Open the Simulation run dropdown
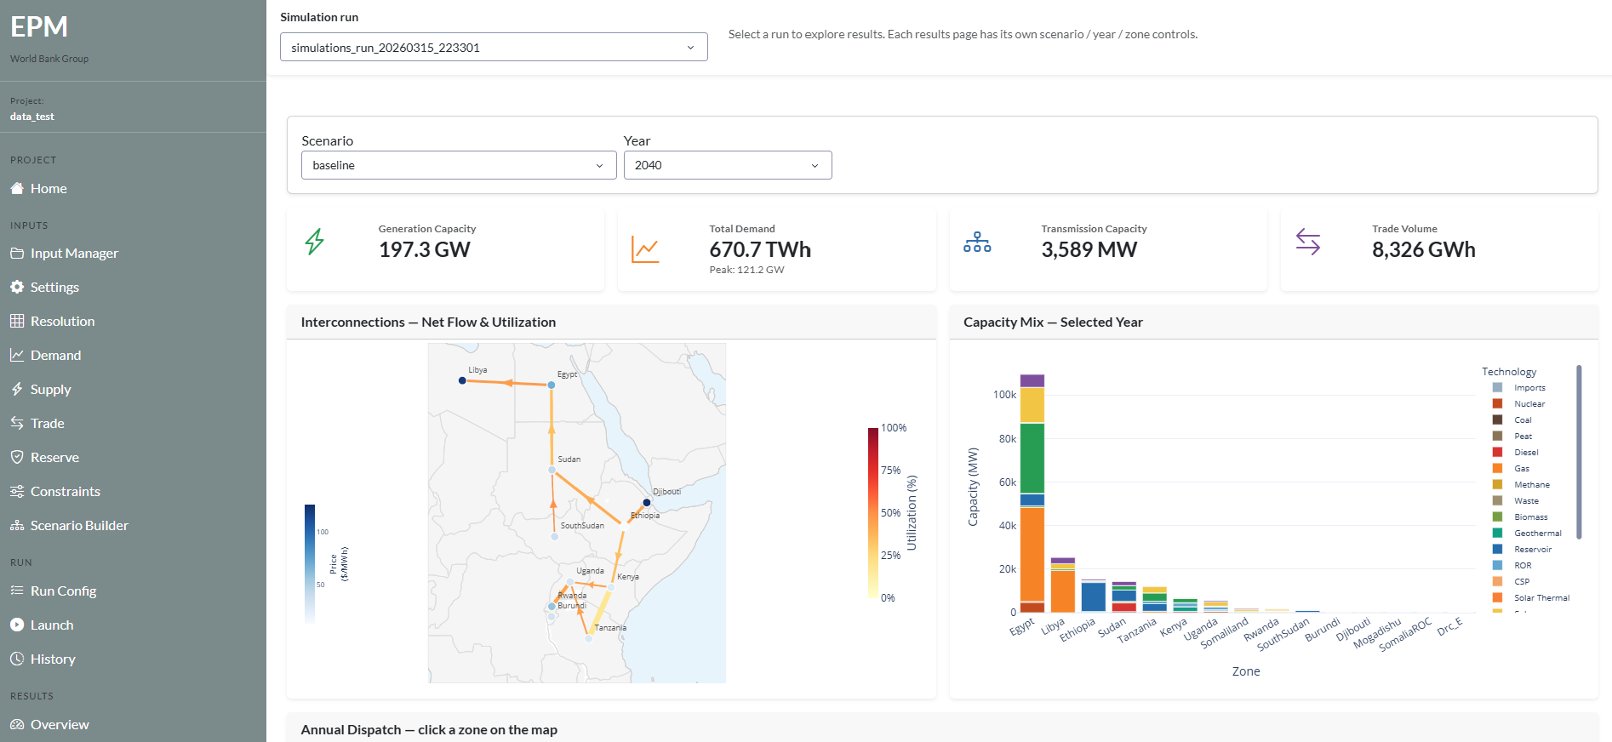click(x=493, y=48)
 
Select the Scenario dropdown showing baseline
click(x=458, y=165)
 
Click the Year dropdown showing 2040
click(x=727, y=165)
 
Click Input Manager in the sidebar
click(x=74, y=254)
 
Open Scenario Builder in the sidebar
click(x=79, y=526)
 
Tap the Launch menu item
click(x=52, y=625)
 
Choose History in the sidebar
click(x=53, y=659)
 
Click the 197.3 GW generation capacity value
click(x=424, y=249)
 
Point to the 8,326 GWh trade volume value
click(x=1423, y=249)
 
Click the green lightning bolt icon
click(x=314, y=242)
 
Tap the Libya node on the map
click(x=462, y=380)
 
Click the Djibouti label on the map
click(x=666, y=492)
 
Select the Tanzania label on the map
click(x=610, y=628)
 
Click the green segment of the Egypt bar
click(x=1032, y=458)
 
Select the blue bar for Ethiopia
click(x=1093, y=596)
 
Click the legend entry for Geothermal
click(x=1537, y=534)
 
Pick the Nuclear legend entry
click(x=1529, y=404)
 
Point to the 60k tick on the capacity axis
click(x=1007, y=482)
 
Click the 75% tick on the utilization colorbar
click(x=890, y=471)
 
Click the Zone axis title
click(x=1245, y=671)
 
